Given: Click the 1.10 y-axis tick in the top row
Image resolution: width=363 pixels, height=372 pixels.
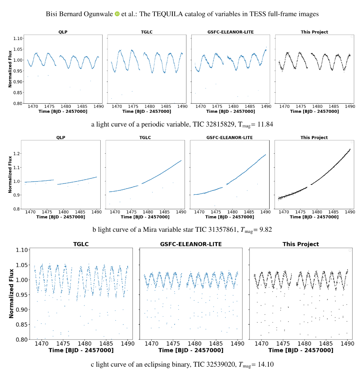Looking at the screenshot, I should click(x=18, y=38).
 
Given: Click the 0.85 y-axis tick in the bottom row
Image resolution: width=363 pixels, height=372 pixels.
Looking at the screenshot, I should click(x=21, y=325).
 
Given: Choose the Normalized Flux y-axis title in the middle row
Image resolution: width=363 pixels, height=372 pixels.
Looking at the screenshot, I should click(x=6, y=175).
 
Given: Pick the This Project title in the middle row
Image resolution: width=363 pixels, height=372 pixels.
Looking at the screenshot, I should click(x=314, y=138).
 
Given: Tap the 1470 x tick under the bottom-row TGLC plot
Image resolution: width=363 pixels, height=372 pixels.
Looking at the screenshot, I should click(x=42, y=343).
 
